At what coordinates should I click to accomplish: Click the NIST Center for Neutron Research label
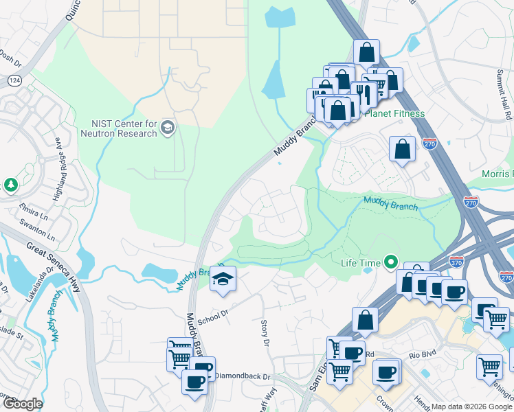(124, 128)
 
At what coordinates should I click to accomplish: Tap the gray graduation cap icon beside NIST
(167, 127)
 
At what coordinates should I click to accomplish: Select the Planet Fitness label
(394, 113)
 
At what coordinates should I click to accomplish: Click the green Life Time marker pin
(391, 262)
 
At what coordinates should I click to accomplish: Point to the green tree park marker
(10, 185)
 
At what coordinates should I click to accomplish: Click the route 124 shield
(13, 80)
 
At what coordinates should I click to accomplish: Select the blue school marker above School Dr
(223, 279)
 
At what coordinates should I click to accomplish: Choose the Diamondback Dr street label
(243, 376)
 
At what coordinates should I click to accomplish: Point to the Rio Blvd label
(422, 356)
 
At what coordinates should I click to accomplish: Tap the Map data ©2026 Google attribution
(471, 407)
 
